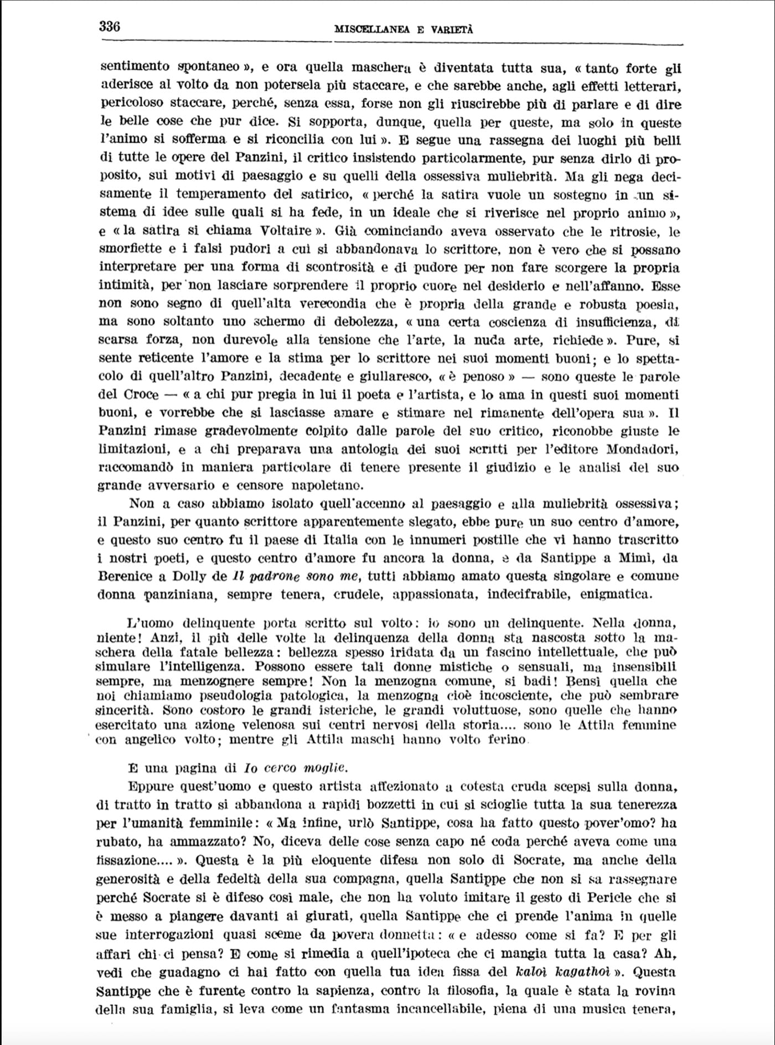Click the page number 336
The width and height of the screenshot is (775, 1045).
point(110,26)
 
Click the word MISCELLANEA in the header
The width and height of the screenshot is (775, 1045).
point(371,30)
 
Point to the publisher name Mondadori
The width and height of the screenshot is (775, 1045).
point(643,449)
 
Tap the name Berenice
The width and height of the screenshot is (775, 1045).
point(125,576)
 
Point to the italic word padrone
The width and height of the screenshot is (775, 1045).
point(275,576)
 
